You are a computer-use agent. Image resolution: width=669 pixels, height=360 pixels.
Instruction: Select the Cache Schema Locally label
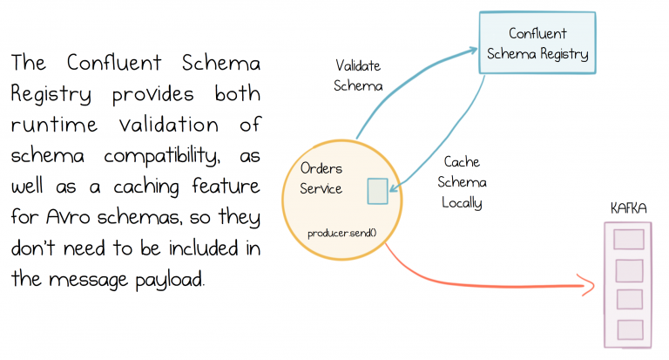click(463, 182)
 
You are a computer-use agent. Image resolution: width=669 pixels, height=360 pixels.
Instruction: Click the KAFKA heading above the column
click(624, 209)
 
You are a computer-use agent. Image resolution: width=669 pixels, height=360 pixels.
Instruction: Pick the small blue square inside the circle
click(377, 191)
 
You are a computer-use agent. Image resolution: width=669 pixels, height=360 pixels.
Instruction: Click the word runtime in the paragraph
click(51, 123)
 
